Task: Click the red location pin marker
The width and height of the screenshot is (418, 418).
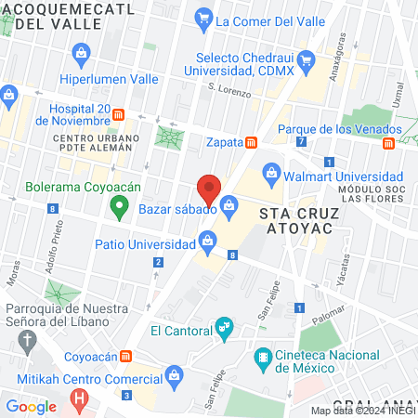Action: [210, 189]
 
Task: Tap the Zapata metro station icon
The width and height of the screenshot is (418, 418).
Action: [251, 142]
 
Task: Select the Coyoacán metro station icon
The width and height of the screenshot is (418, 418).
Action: [125, 354]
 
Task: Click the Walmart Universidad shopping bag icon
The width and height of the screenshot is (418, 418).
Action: [271, 171]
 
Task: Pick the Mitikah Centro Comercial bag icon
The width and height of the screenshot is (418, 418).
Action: [172, 374]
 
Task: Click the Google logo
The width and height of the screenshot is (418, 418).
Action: [31, 406]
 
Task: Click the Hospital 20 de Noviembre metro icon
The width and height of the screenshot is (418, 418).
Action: [119, 116]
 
